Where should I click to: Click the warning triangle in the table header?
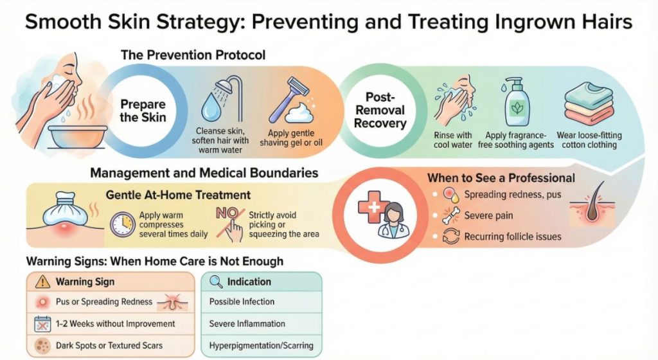[x=42, y=282]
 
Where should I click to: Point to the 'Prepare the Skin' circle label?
[x=142, y=111]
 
